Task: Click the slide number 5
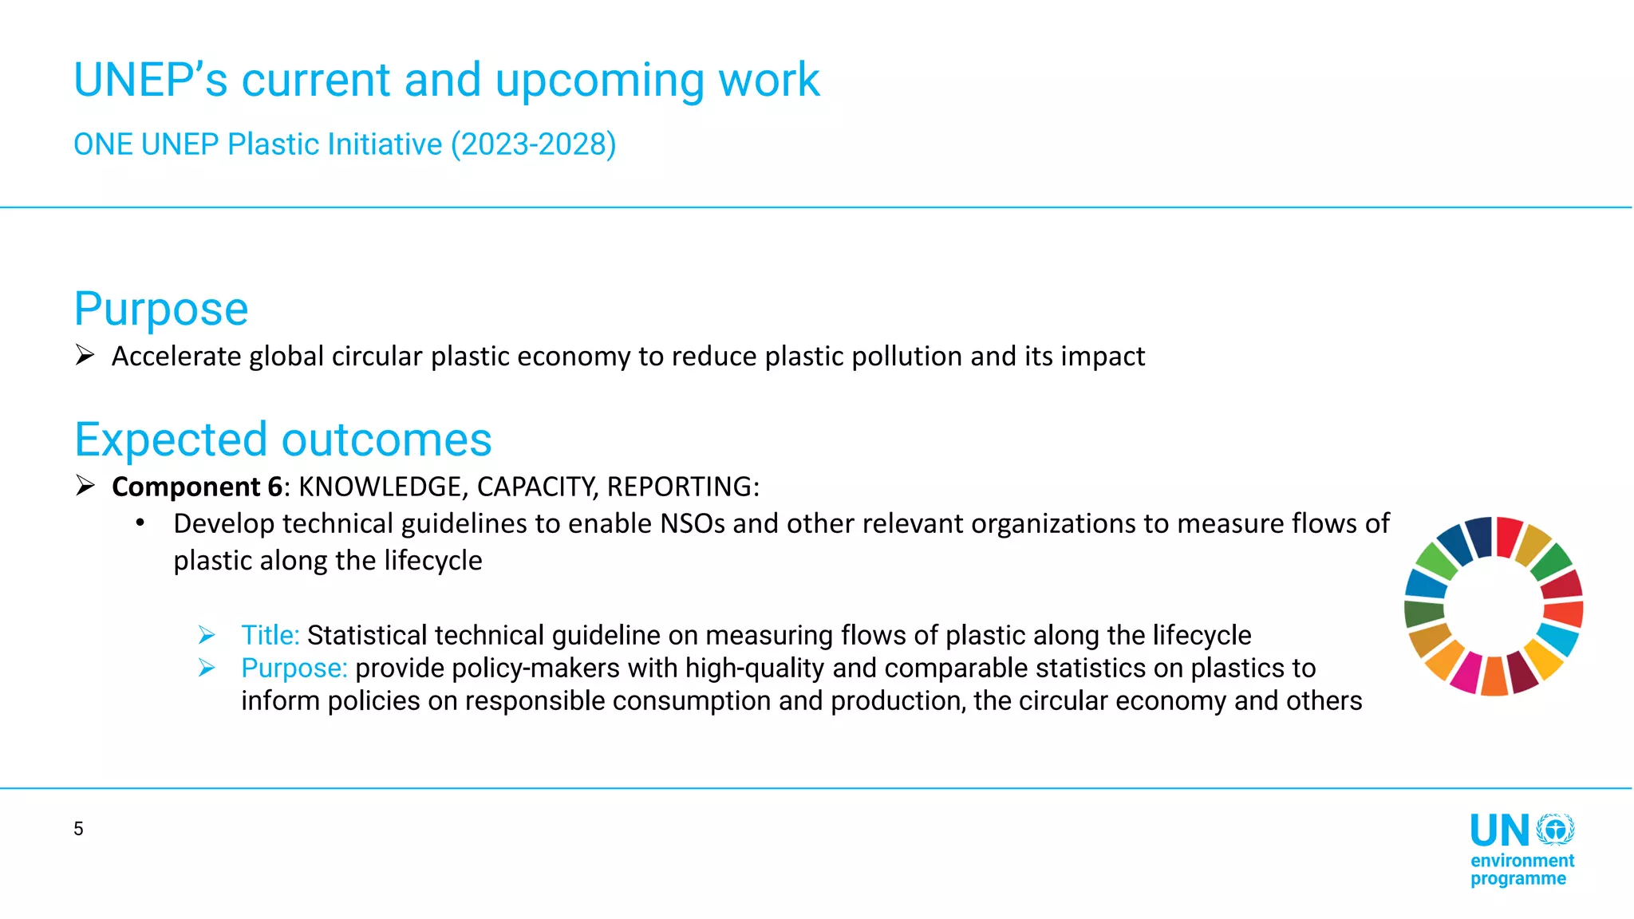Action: [x=78, y=829]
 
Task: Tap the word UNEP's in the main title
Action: [x=151, y=81]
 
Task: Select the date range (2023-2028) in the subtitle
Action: [x=533, y=144]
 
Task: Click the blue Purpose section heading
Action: [x=161, y=309]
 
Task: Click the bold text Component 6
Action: [x=197, y=487]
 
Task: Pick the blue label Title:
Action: [x=270, y=635]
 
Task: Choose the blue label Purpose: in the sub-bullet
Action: [x=294, y=668]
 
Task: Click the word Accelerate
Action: [x=176, y=357]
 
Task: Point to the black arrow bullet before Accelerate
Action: [x=85, y=355]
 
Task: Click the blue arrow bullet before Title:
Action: [x=207, y=635]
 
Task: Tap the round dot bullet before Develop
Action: [x=140, y=523]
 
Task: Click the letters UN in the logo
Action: [x=1499, y=831]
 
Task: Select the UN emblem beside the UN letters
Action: [x=1555, y=830]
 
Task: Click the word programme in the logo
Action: [x=1518, y=879]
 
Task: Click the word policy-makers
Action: [x=487, y=668]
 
